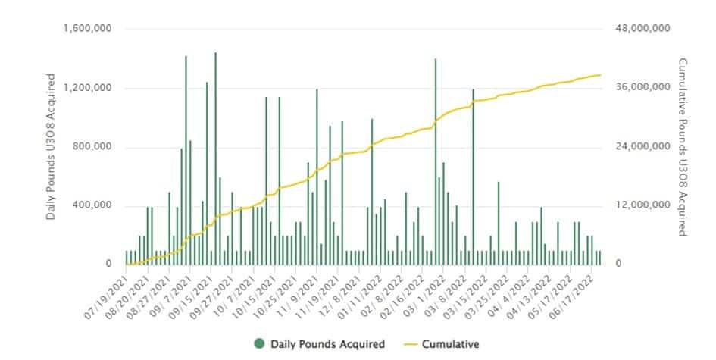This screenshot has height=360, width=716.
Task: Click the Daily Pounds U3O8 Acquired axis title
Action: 51,147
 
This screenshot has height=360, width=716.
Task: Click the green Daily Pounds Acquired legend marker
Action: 259,344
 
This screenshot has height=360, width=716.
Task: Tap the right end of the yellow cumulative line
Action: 600,75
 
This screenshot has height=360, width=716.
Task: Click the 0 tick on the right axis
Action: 618,264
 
